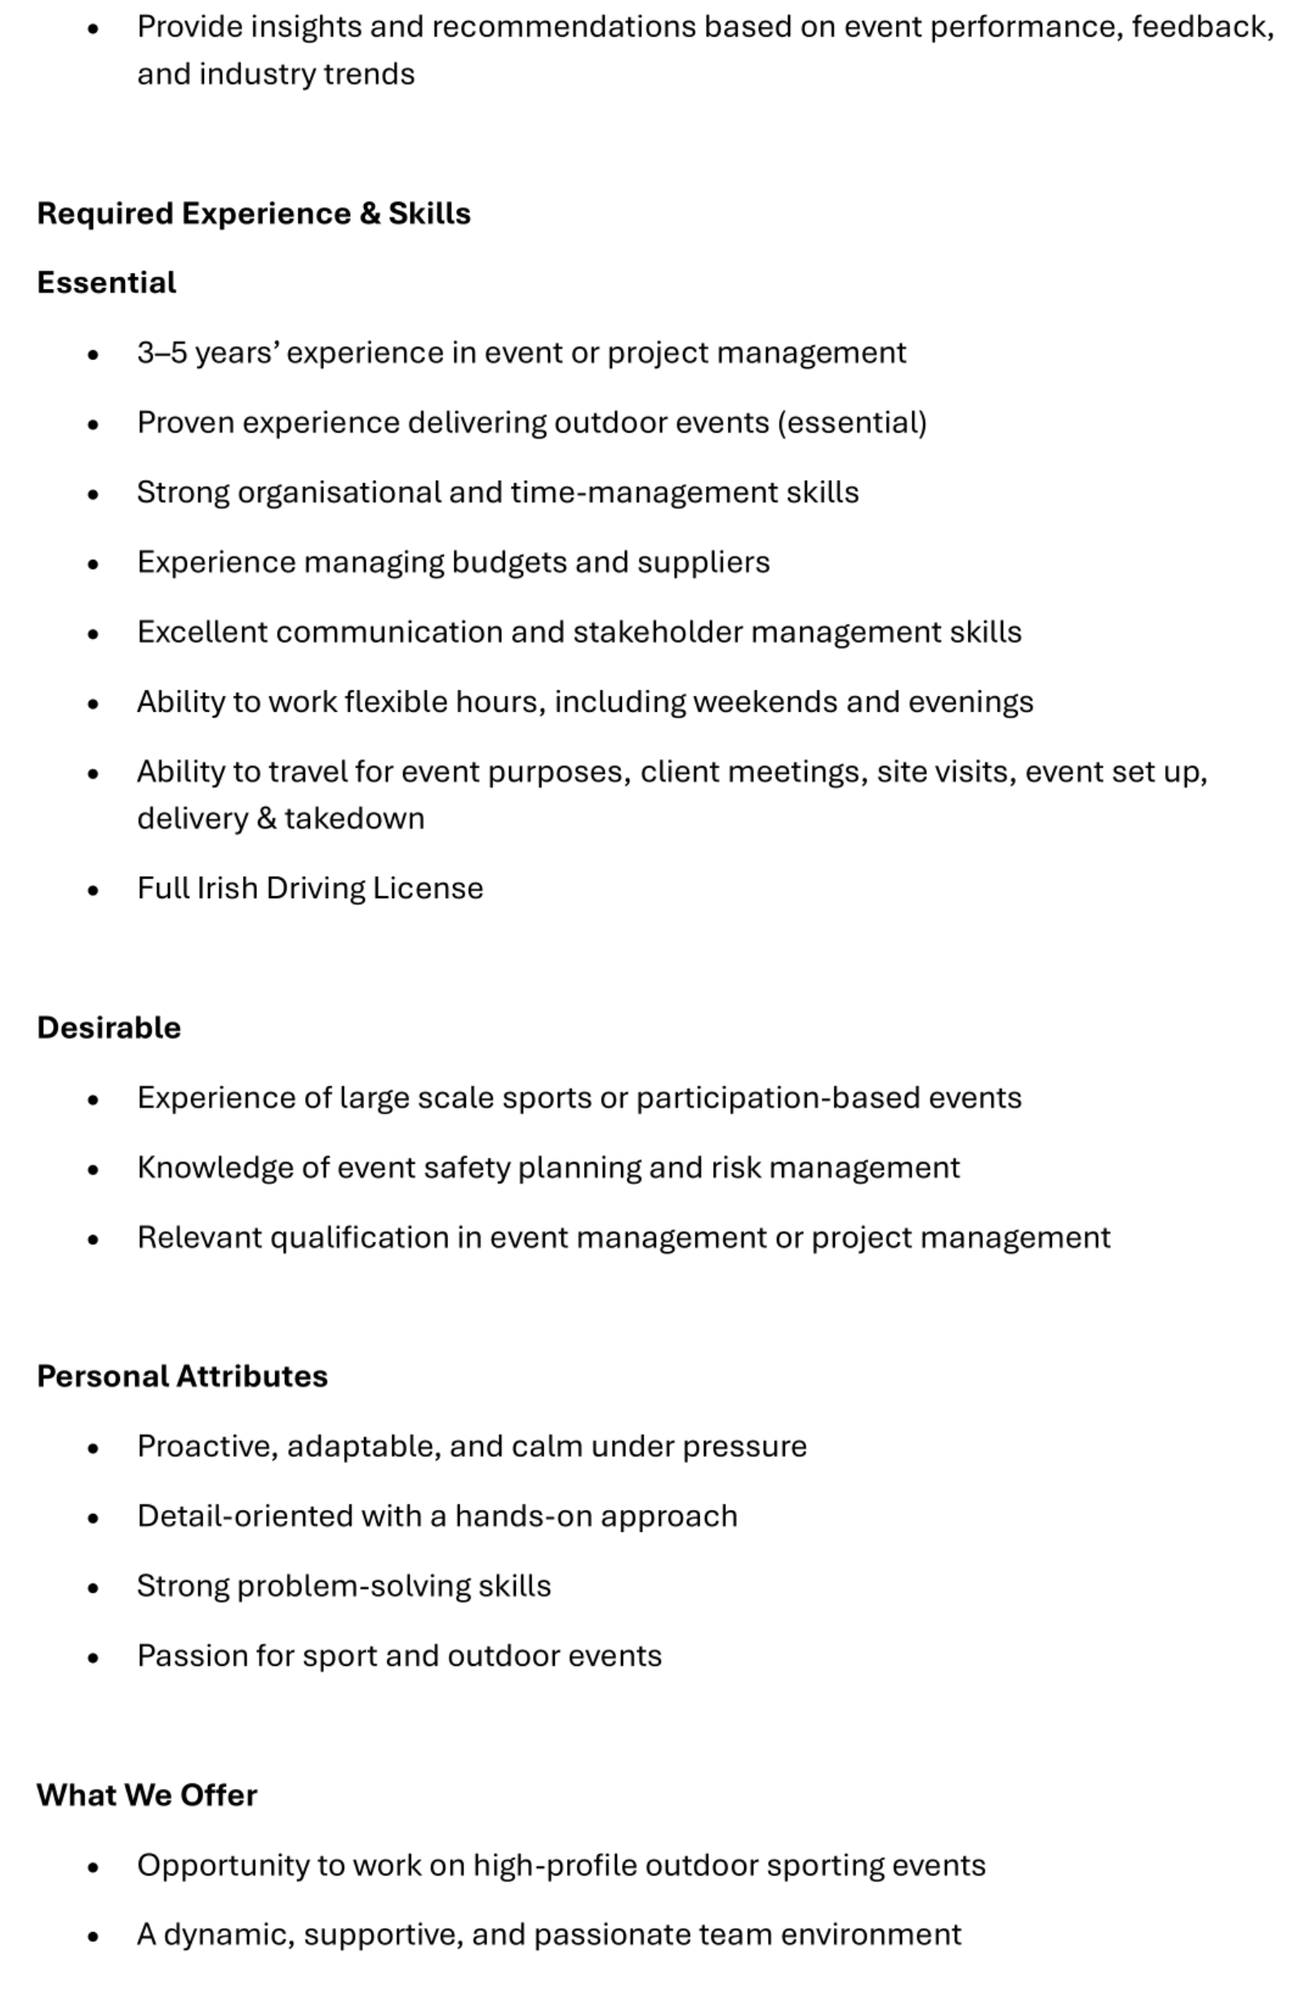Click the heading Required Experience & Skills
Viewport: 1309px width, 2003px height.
coord(253,213)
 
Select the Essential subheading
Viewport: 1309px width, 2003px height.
coord(106,282)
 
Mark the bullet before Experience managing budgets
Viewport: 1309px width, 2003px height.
coord(92,564)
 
